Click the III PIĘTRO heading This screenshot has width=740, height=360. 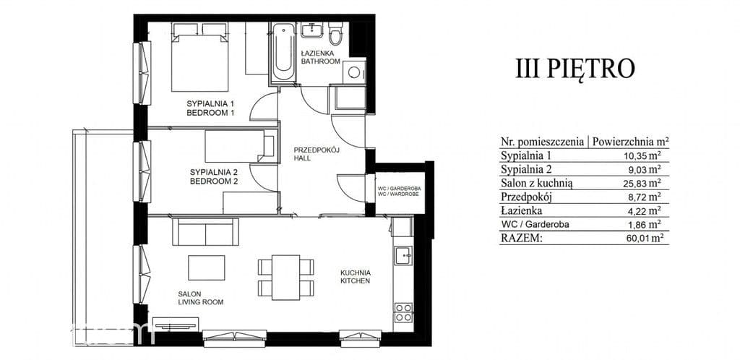(x=575, y=69)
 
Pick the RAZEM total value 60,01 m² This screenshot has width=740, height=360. (x=643, y=239)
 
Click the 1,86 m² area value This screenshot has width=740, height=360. (x=645, y=225)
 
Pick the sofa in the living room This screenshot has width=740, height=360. (x=205, y=231)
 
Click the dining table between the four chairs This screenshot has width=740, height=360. (x=285, y=278)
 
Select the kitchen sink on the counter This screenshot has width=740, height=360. (x=403, y=255)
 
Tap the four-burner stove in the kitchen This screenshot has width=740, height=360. (x=403, y=312)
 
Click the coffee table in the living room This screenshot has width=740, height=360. (x=207, y=267)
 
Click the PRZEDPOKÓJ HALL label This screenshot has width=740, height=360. (x=309, y=154)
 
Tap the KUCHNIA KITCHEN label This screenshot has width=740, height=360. (x=356, y=276)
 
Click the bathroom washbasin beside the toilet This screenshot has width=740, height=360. (x=312, y=31)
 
